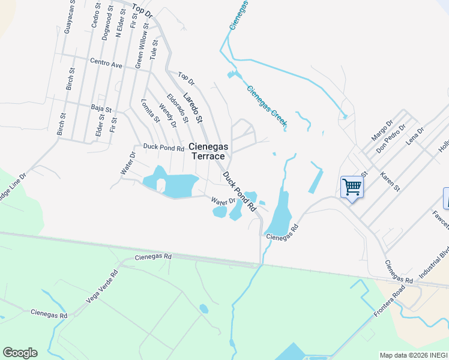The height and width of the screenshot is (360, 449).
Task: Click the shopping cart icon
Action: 351,187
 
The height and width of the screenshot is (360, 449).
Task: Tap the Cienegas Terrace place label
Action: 208,151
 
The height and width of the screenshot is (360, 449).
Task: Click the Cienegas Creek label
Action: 267,106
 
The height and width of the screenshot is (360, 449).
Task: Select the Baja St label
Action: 101,109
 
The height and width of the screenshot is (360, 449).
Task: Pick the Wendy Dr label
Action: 167,116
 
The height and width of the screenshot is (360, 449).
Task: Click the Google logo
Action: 20,353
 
